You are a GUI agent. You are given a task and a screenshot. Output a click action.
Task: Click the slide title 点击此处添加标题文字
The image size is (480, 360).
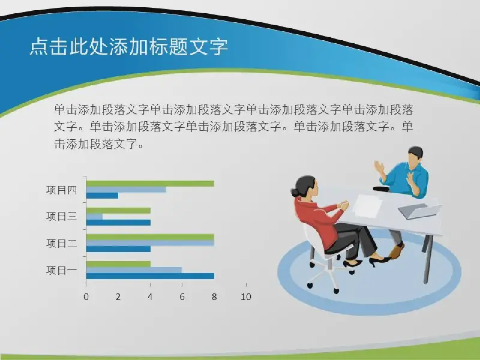coord(128,47)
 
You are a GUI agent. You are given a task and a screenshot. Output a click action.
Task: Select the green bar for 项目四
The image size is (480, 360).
coord(150,184)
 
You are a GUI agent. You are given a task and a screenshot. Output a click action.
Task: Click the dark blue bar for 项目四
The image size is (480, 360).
coord(102,196)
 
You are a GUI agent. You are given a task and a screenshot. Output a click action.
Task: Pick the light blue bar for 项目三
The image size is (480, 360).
coord(94,217)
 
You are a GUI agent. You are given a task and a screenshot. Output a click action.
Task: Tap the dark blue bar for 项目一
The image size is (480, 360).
coord(150,276)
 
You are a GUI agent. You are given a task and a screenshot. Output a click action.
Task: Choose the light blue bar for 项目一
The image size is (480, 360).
coord(134,270)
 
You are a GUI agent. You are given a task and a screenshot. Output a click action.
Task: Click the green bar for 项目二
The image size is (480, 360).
coord(150,237)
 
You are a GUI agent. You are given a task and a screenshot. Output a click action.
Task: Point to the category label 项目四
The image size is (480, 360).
coord(62,190)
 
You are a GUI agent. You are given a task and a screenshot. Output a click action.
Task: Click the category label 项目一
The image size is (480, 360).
coord(62,271)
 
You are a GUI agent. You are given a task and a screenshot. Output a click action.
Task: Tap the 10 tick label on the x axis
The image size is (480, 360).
coord(246,296)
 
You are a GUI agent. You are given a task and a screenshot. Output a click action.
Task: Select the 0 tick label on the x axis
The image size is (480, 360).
coord(86,296)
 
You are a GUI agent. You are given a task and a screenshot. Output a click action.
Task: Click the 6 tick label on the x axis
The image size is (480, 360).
coord(182,296)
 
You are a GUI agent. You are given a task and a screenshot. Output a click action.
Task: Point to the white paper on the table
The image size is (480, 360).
coord(367,206)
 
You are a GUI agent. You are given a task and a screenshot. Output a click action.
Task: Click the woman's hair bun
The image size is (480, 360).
coord(295,193)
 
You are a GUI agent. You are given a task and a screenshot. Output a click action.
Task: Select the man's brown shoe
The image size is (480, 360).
coord(397,250)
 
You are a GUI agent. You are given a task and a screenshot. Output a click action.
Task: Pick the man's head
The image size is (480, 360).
coord(415,157)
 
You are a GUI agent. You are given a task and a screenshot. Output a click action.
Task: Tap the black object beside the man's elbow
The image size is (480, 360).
coord(381,189)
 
